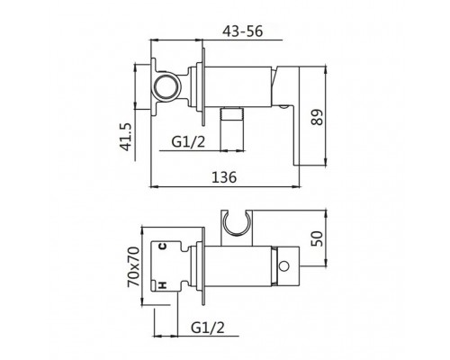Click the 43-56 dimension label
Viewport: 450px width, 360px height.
pyautogui.click(x=242, y=31)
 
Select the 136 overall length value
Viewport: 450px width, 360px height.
pyautogui.click(x=224, y=177)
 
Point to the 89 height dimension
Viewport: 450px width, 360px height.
pyautogui.click(x=318, y=117)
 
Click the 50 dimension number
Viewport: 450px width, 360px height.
pyautogui.click(x=318, y=238)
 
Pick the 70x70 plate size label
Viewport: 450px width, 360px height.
pyautogui.click(x=134, y=266)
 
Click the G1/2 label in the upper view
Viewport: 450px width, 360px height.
pyautogui.click(x=188, y=141)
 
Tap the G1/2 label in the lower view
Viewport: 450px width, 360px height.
pyautogui.click(x=208, y=328)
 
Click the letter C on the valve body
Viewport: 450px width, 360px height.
pyautogui.click(x=163, y=247)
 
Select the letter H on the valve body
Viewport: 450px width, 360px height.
pyautogui.click(x=163, y=285)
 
